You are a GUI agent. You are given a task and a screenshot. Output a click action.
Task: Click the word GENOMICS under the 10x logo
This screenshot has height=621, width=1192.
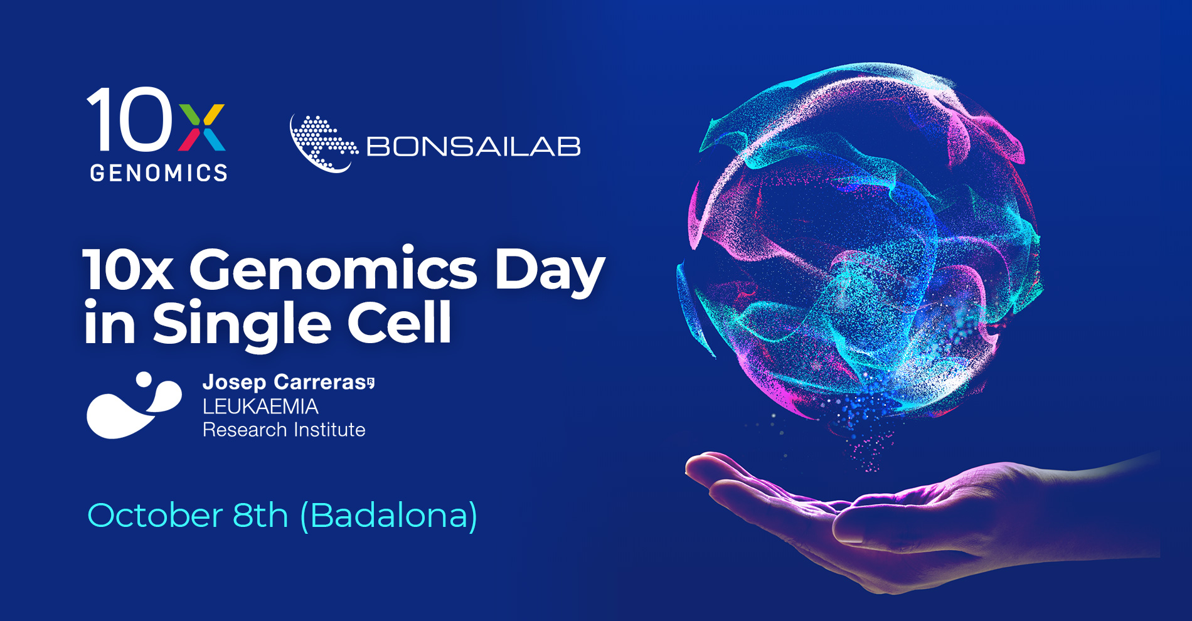(159, 172)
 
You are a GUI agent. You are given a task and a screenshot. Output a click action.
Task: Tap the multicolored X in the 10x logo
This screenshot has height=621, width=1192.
(201, 127)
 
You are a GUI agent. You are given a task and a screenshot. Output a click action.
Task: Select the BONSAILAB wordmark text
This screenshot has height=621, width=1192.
(474, 147)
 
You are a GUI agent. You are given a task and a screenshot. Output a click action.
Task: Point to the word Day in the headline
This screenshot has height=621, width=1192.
(550, 272)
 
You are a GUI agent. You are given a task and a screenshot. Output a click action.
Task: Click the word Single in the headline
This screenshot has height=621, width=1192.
(242, 324)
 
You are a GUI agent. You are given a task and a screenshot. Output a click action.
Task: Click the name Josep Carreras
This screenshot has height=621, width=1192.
(288, 382)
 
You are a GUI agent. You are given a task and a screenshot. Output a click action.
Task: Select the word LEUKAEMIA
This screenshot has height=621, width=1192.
(260, 406)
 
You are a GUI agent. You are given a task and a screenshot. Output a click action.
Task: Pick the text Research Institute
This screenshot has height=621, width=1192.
(284, 430)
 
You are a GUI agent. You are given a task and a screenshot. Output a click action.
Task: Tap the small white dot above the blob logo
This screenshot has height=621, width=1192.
(144, 379)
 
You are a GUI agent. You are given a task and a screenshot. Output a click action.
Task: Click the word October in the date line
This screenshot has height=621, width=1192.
(155, 516)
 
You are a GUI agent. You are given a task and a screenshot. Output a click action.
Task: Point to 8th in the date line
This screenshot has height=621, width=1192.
(260, 515)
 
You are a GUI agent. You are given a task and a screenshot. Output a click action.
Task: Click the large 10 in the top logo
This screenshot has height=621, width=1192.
(130, 119)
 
